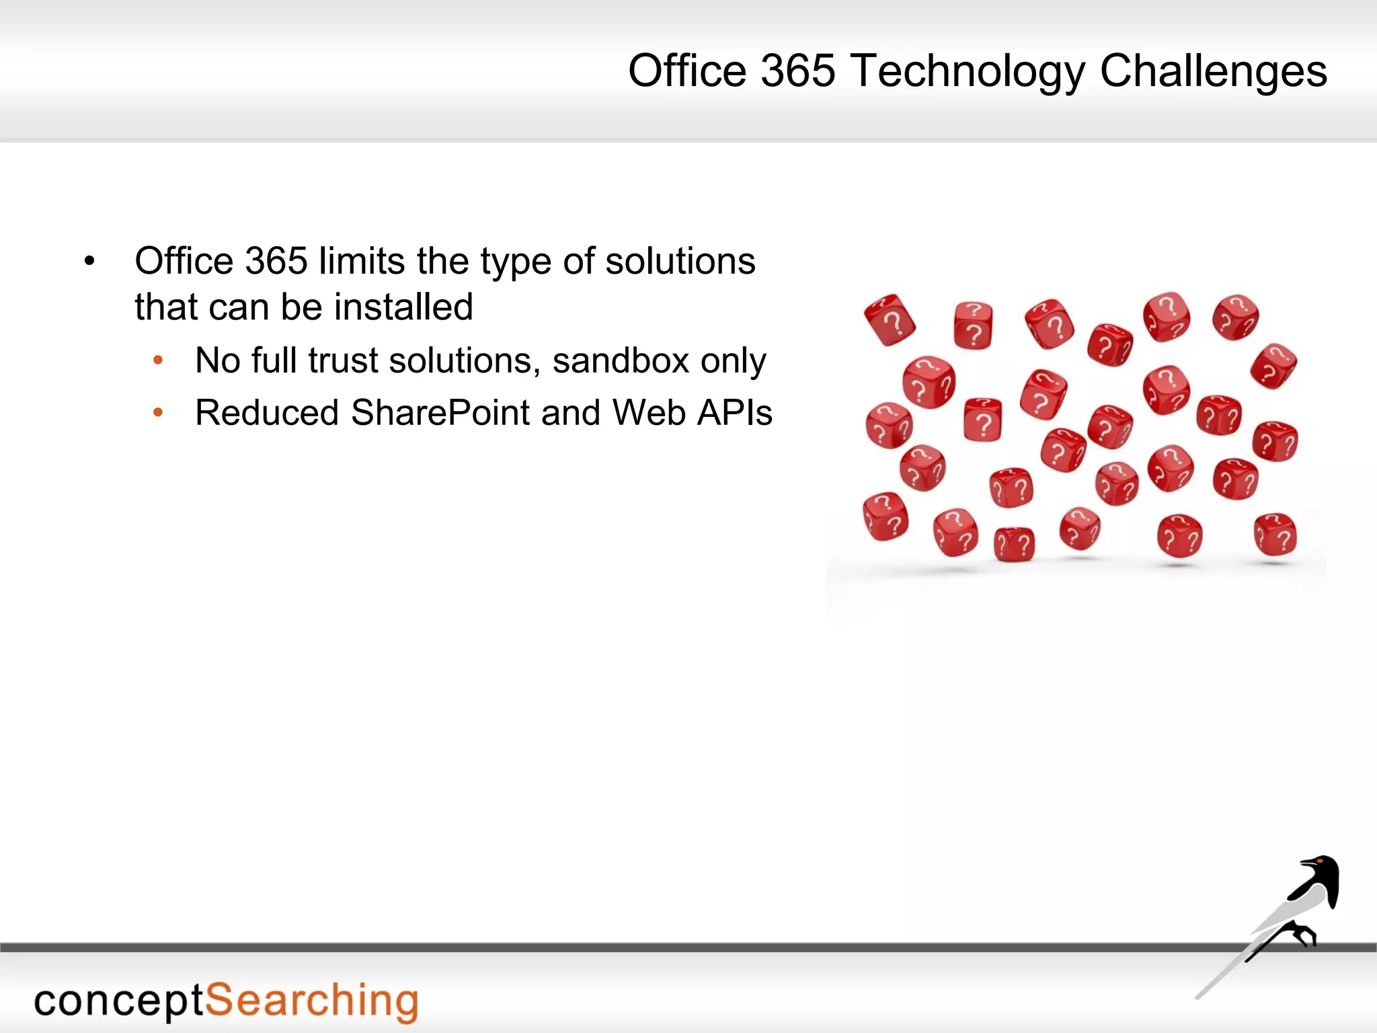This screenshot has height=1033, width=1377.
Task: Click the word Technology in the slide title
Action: click(968, 71)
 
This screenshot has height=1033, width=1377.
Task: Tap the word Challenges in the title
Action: click(1213, 71)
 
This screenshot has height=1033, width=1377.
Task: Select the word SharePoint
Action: click(440, 413)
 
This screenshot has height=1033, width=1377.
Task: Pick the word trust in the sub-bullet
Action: click(342, 360)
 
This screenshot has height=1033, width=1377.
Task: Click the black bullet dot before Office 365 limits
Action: click(89, 261)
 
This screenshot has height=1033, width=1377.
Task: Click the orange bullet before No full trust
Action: click(158, 360)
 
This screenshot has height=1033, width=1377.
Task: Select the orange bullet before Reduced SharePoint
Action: click(158, 413)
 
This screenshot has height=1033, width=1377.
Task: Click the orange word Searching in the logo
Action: click(311, 1001)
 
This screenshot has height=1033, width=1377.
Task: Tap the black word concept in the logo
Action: click(118, 1001)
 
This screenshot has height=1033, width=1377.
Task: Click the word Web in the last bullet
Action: click(649, 413)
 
